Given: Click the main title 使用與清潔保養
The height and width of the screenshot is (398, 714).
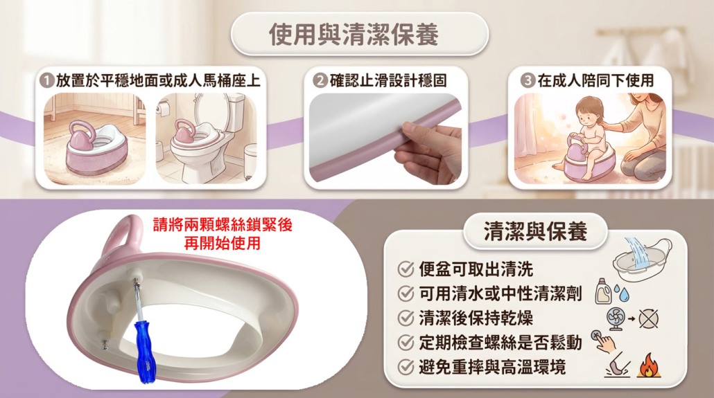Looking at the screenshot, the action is point(354,34).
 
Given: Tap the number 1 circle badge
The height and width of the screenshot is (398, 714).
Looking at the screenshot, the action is point(47,81).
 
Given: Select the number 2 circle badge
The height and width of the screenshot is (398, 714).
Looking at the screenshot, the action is point(320,81).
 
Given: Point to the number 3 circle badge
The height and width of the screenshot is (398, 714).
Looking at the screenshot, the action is point(528,81).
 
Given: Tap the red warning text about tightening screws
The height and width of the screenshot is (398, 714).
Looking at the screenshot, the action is point(223,234).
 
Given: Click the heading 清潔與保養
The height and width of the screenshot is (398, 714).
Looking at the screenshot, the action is point(535,231).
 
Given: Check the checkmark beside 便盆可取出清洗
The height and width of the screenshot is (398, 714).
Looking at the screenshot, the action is point(406,269).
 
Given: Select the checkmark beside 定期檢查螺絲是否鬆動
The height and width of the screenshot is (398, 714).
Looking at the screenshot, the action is point(406,343).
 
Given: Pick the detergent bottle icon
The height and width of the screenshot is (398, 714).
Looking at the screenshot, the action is point(604,291).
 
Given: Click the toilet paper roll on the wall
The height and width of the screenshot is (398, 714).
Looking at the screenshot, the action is point(163,108).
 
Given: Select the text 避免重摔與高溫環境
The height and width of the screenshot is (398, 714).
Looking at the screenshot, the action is point(492,367).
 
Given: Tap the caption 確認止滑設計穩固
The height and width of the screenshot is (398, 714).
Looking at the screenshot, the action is point(388,81).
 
